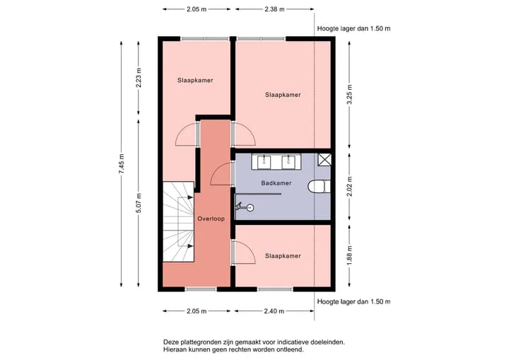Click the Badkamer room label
[276, 183]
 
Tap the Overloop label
[211, 219]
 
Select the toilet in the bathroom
[319, 187]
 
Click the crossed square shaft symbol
[324, 160]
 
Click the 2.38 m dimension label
[274, 9]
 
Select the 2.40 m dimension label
[274, 311]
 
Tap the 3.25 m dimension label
[349, 95]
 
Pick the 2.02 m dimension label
[349, 187]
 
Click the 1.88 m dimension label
[349, 255]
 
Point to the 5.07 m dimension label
[139, 204]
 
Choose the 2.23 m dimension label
[139, 78]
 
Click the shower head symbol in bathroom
[245, 207]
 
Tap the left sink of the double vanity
[264, 162]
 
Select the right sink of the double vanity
[288, 162]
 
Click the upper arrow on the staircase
[190, 197]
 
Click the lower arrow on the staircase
[190, 246]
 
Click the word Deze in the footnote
[171, 342]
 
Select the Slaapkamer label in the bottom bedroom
[283, 256]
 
